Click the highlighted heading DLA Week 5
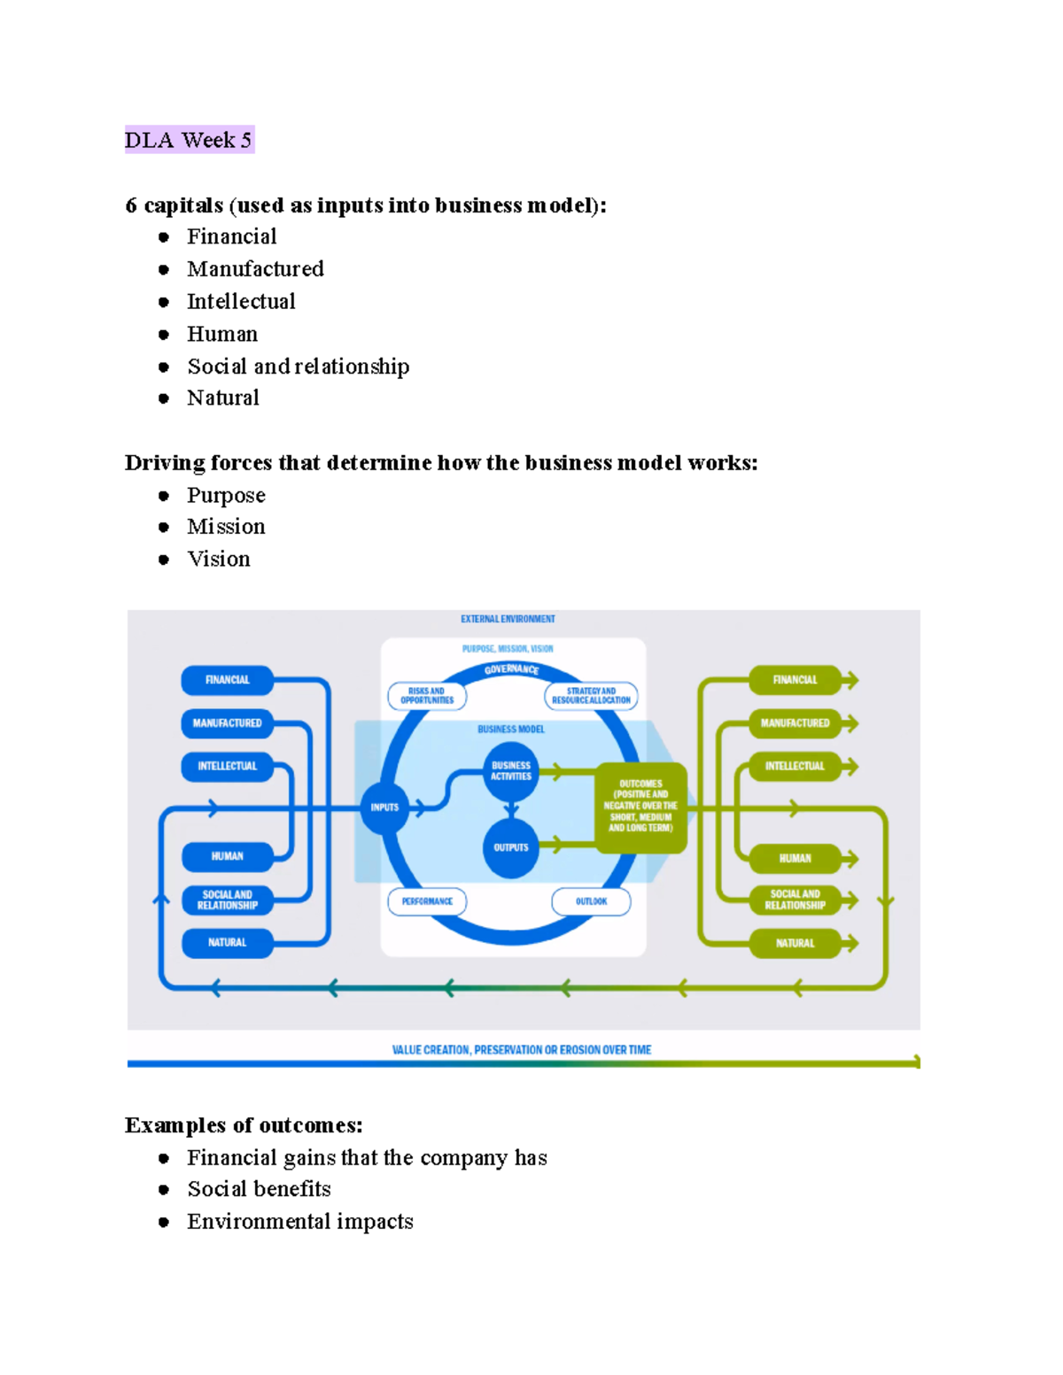pos(189,140)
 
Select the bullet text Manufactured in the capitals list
pos(255,269)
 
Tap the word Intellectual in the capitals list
pos(241,302)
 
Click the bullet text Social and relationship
pos(298,367)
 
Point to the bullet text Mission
pos(226,527)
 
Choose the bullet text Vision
pos(219,560)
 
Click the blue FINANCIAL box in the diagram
pos(227,680)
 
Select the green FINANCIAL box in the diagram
pos(795,680)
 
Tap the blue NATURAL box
pos(227,943)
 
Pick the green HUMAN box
pos(795,858)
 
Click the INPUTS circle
pos(384,807)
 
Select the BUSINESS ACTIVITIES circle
pos(511,770)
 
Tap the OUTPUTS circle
pos(511,848)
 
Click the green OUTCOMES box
pos(640,807)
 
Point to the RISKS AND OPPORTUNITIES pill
pos(427,696)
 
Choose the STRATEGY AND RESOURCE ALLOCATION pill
pos(591,696)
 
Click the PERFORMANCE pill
pos(427,901)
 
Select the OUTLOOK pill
pos(591,901)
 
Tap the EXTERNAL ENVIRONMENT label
pos(508,619)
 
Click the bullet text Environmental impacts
pos(299,1222)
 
